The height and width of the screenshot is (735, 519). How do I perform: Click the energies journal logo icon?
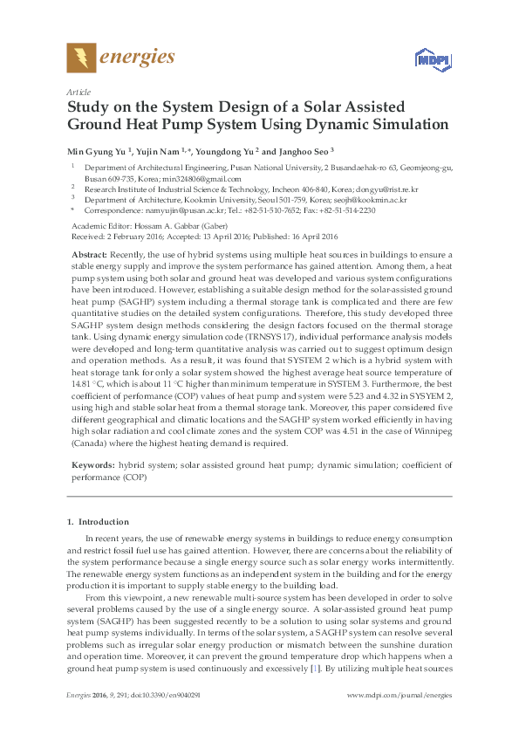[x=81, y=58]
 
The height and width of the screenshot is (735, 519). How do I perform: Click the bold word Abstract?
[x=88, y=251]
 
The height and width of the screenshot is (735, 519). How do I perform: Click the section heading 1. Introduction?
[x=95, y=522]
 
